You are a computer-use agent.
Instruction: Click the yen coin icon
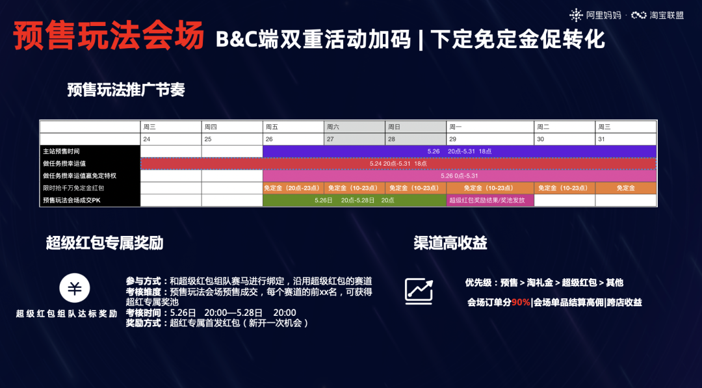[x=75, y=289]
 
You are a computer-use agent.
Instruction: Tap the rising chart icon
[x=419, y=291]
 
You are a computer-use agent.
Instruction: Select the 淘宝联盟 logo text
[x=667, y=15]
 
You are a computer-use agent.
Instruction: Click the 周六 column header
[x=354, y=127]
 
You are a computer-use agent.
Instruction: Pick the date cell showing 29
[x=490, y=139]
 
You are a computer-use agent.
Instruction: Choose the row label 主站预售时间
[x=90, y=151]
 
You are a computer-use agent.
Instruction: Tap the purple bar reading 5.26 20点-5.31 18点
[x=459, y=151]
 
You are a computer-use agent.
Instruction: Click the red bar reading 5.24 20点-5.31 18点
[x=398, y=163]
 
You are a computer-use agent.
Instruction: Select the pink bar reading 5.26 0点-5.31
[x=459, y=175]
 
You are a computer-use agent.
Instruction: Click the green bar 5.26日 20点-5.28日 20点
[x=354, y=200]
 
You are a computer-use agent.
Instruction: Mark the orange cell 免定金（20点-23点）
[x=293, y=188]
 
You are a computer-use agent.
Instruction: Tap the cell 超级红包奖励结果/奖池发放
[x=490, y=200]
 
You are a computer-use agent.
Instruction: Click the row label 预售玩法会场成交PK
[x=90, y=200]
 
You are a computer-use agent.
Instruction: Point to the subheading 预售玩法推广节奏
[x=126, y=90]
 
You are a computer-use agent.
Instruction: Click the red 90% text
[x=521, y=302]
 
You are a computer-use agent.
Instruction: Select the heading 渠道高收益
[x=450, y=244]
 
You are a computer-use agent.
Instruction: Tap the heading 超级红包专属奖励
[x=105, y=244]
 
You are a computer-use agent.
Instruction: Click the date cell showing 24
[x=171, y=139]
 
